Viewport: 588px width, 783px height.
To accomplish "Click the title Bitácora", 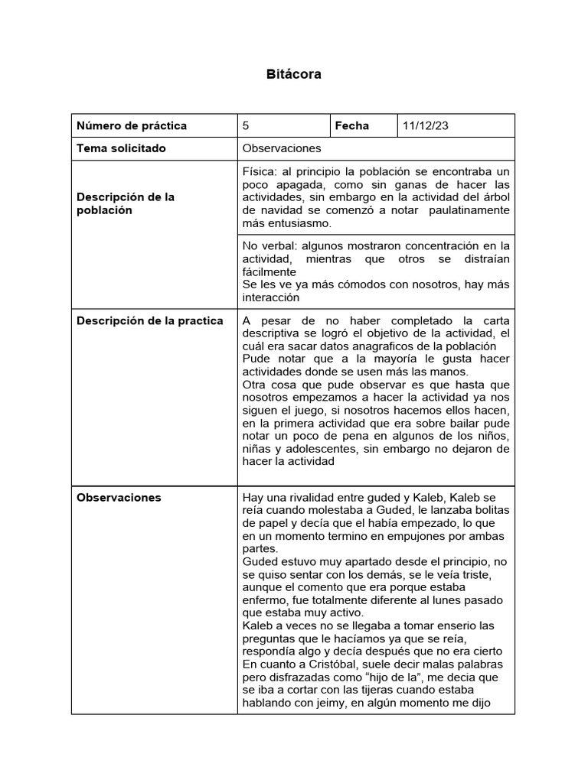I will pos(293,74).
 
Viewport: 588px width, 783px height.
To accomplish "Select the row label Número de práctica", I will pos(132,125).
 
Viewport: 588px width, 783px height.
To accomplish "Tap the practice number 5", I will pos(245,125).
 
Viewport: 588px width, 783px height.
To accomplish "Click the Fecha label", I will pos(351,125).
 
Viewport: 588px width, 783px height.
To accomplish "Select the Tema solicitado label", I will pos(121,148).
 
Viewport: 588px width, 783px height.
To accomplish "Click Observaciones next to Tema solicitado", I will pos(281,148).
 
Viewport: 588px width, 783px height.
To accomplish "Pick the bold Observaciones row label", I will pos(119,497).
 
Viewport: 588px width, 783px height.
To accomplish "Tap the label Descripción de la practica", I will pos(150,320).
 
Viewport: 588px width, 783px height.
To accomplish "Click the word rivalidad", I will pos(321,497).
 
